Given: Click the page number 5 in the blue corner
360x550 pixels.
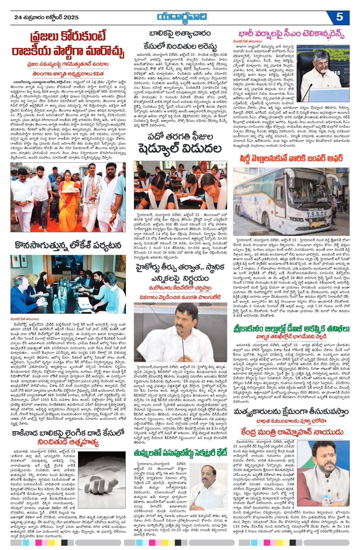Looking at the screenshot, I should [339, 17].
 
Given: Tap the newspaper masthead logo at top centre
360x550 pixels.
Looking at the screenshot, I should [182, 17].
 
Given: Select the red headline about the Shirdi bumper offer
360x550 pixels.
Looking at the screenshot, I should [291, 158].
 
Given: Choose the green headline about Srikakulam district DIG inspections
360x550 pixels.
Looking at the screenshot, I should [291, 329].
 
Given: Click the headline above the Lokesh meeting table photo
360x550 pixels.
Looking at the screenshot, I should [68, 245].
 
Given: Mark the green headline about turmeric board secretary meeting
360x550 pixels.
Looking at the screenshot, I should [180, 453].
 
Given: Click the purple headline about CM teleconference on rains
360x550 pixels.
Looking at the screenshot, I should [291, 34].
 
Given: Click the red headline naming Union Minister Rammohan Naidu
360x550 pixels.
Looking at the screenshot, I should [291, 432].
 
